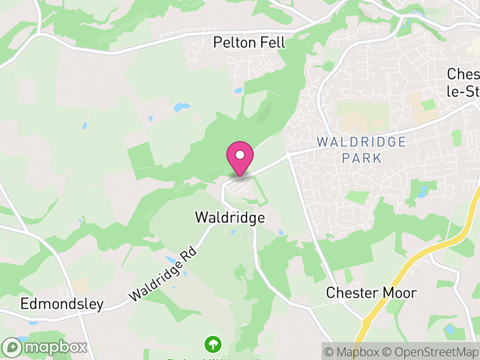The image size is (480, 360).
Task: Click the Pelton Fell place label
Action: click(250, 43)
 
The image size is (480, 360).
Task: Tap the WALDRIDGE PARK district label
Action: click(361, 150)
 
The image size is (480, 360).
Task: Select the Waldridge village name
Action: click(230, 217)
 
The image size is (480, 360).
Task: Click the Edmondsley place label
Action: click(62, 304)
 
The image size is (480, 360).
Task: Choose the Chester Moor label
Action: click(371, 293)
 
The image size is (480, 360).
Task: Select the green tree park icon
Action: click(212, 344)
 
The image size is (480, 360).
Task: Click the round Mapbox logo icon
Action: click(11, 347)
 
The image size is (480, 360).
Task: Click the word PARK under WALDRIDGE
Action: click(361, 158)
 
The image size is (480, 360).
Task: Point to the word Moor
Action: click(401, 293)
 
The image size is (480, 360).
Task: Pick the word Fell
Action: click(272, 43)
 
